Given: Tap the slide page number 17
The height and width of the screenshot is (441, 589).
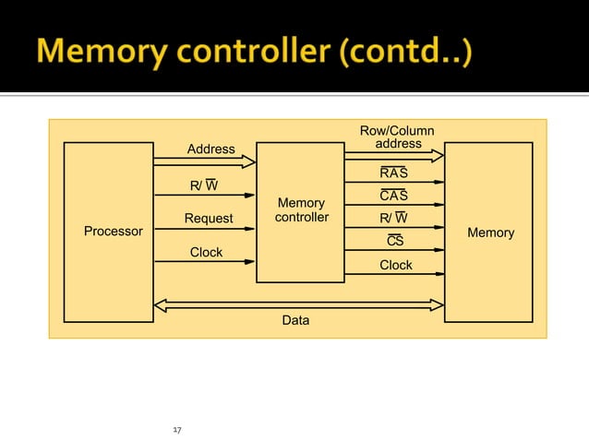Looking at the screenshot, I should coord(178,430).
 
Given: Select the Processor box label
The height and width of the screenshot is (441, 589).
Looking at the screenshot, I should coord(114,232).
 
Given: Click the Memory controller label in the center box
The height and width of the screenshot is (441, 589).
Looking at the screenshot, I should coord(301,210).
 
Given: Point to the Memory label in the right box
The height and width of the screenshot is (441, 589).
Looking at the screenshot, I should coord(490,232).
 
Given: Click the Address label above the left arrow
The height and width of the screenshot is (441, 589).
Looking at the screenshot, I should coord(210,149).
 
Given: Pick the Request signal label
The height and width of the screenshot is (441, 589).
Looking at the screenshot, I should coord(209,219).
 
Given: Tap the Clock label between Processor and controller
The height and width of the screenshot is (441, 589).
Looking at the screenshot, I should coord(206,252).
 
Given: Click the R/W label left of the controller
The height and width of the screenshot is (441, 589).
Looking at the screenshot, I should coord(204,185).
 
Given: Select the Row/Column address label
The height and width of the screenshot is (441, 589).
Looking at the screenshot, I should coord(397,137).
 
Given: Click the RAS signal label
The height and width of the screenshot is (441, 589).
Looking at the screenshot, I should coord(394,173).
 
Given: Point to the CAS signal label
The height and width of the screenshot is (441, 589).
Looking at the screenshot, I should coord(394,196).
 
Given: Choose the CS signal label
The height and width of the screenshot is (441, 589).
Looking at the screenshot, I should coord(395,242).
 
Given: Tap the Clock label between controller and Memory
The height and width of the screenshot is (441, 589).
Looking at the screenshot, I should coord(396,265).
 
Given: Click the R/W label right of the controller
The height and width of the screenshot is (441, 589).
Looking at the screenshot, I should coord(394,219).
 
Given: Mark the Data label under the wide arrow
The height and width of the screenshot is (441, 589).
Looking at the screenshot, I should coord(295,320).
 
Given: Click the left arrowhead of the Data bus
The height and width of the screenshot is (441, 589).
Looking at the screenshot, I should coord(160,304).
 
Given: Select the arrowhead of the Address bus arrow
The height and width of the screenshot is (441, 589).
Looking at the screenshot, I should coord(248,161).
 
